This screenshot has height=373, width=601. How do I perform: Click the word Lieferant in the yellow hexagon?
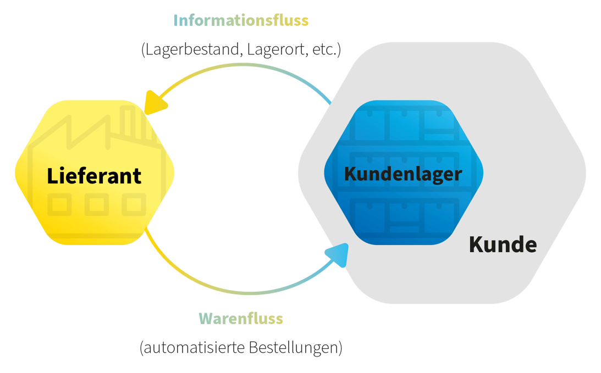point(94,176)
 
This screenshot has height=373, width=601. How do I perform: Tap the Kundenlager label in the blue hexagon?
point(403,174)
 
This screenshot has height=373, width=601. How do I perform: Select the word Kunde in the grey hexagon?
point(503,244)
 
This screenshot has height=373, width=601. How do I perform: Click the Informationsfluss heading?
point(241,21)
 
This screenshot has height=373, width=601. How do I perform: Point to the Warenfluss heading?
point(241,319)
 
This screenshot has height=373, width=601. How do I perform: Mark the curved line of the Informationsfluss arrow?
point(242,65)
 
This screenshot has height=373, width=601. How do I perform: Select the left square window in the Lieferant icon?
point(59,204)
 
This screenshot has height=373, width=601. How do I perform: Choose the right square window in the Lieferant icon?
point(134,204)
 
